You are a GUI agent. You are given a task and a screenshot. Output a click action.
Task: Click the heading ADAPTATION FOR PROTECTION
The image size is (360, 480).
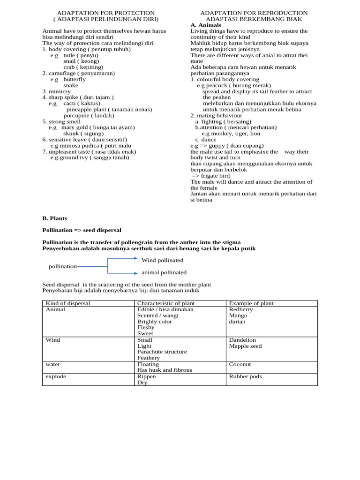pos(105,13)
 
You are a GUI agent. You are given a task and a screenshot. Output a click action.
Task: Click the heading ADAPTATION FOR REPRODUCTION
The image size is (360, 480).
pos(254,13)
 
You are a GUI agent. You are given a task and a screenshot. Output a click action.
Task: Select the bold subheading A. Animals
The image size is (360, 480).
pos(206,25)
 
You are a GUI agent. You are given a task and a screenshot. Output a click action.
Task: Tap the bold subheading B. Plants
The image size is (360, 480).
pos(54,218)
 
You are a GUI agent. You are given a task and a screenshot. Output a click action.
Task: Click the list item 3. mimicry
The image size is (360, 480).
pos(56,91)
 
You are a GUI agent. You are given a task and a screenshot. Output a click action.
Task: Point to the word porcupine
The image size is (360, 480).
pos(76,115)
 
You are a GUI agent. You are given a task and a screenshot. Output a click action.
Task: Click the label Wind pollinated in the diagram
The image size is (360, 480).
pos(162,260)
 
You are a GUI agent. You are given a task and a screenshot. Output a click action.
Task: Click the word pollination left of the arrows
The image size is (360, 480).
pos(63,266)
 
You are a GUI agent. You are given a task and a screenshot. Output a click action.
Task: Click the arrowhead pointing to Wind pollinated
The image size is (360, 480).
pos(136,260)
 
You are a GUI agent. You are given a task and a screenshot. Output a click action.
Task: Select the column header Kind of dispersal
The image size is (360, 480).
pos(67,303)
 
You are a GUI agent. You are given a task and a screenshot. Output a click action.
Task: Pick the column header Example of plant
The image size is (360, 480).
pos(251,303)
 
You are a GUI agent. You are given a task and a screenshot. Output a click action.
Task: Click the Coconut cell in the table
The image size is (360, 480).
pos(240,364)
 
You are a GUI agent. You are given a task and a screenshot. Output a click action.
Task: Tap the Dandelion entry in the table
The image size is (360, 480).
pos(242,340)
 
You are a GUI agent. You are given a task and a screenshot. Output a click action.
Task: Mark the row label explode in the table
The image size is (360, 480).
pos(56,376)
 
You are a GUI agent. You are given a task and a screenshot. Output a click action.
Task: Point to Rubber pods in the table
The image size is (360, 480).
pos(245,376)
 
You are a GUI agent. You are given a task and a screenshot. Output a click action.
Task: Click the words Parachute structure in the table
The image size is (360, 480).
pos(162,352)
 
